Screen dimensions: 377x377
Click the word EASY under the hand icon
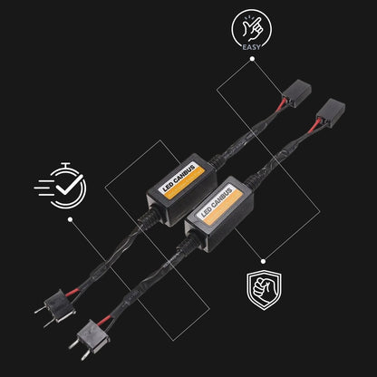point(251,47)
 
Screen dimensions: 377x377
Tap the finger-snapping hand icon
point(252,29)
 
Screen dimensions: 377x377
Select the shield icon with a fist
point(264,290)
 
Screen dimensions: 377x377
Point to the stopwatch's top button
point(65,165)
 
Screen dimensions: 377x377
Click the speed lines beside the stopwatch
point(43,188)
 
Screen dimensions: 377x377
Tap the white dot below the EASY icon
point(252,59)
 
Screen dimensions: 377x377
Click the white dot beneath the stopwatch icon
point(71,219)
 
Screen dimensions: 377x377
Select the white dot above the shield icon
point(264,261)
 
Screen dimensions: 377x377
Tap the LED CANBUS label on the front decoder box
point(217,203)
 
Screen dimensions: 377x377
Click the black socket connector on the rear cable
point(296,93)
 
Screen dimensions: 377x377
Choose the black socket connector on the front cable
point(330,112)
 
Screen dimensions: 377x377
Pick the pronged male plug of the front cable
point(90,339)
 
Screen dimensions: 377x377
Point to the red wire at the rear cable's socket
point(281,105)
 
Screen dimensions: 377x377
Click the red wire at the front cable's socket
point(314,125)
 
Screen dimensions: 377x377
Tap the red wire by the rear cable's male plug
point(72,292)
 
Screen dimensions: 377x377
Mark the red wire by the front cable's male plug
point(104,320)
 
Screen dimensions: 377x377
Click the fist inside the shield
point(262,289)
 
